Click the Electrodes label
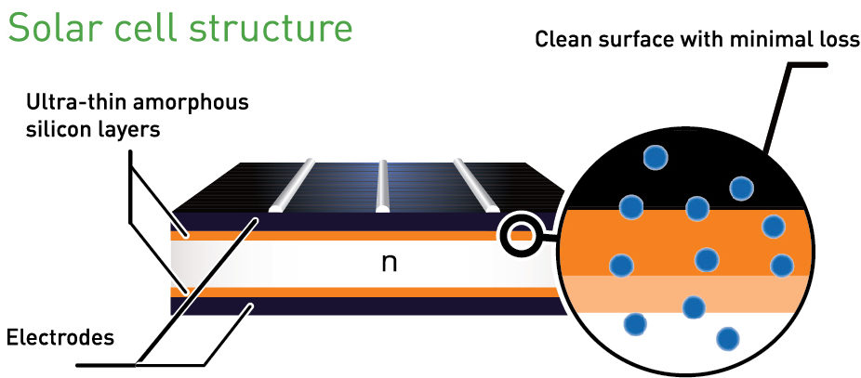(60, 335)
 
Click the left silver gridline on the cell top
(291, 186)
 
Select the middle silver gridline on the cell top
(382, 186)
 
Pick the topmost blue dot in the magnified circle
(657, 158)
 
